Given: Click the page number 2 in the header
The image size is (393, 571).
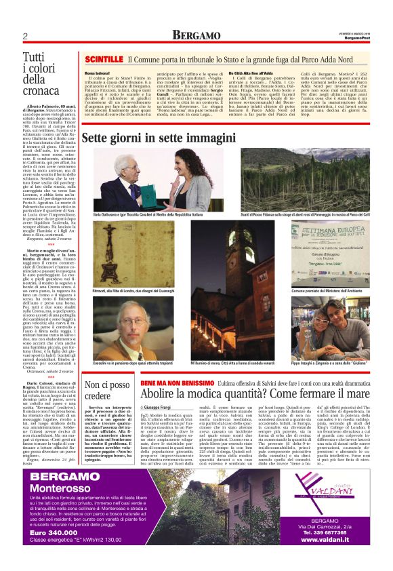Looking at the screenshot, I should point(24,37).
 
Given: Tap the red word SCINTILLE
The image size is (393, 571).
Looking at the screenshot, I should point(104,60).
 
